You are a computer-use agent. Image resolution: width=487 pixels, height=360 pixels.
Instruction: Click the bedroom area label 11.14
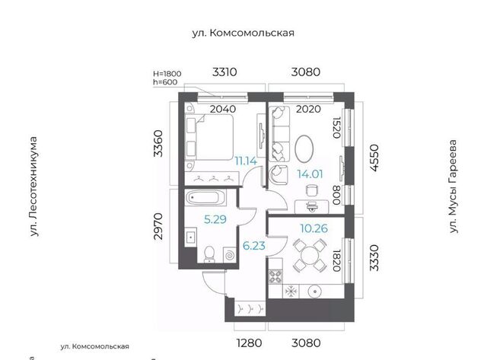(246, 161)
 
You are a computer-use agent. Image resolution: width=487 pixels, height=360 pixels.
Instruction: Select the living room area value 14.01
(310, 174)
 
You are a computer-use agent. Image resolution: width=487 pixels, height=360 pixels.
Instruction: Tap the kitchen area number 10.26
(314, 228)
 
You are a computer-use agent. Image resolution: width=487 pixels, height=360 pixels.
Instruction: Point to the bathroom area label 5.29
(215, 220)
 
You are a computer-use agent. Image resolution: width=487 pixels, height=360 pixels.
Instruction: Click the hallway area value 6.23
(253, 246)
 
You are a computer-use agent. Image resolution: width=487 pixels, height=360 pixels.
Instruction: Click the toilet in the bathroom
(210, 253)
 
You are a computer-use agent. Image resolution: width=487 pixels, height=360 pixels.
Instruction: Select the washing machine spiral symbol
(230, 255)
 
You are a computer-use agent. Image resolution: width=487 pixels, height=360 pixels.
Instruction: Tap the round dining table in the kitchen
(310, 256)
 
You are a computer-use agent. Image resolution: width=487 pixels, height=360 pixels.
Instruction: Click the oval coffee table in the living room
(304, 148)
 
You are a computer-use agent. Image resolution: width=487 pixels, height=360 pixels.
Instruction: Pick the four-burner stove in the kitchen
(275, 276)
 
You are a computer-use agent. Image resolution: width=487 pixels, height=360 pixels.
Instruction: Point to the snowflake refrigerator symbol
(291, 292)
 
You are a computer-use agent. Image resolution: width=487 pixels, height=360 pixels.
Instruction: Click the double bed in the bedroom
(208, 137)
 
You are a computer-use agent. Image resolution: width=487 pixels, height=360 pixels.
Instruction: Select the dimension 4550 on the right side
(375, 158)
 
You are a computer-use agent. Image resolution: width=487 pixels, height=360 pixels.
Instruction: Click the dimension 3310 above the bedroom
(224, 72)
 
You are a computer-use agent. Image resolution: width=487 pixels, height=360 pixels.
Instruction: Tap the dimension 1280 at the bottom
(249, 343)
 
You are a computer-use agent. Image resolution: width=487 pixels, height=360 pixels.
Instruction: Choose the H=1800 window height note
(167, 74)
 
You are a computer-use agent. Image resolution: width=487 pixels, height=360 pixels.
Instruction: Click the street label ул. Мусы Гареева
(454, 186)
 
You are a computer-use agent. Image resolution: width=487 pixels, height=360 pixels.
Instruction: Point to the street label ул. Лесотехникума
(33, 186)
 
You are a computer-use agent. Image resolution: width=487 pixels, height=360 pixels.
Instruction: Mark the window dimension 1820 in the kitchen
(336, 260)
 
